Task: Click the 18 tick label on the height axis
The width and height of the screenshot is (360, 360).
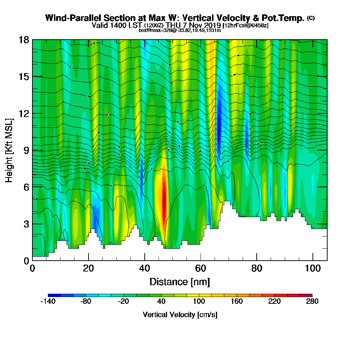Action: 24,40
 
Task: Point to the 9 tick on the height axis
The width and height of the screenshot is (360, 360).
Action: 32,150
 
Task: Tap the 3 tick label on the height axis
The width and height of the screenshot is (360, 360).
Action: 26,224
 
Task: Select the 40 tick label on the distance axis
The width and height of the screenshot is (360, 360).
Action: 144,268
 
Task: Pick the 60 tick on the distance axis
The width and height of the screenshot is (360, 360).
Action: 201,260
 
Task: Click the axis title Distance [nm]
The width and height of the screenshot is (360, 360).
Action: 180,282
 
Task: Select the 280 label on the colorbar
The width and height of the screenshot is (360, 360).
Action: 312,302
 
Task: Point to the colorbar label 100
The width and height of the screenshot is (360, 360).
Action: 199,302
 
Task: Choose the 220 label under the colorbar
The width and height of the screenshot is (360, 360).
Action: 274,302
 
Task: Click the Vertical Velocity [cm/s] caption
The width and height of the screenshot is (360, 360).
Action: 180,315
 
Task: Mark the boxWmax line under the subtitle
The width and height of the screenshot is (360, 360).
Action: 180,30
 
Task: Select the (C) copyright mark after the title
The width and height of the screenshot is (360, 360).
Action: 311,18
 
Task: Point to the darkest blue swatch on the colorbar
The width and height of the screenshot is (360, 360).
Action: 54,295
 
